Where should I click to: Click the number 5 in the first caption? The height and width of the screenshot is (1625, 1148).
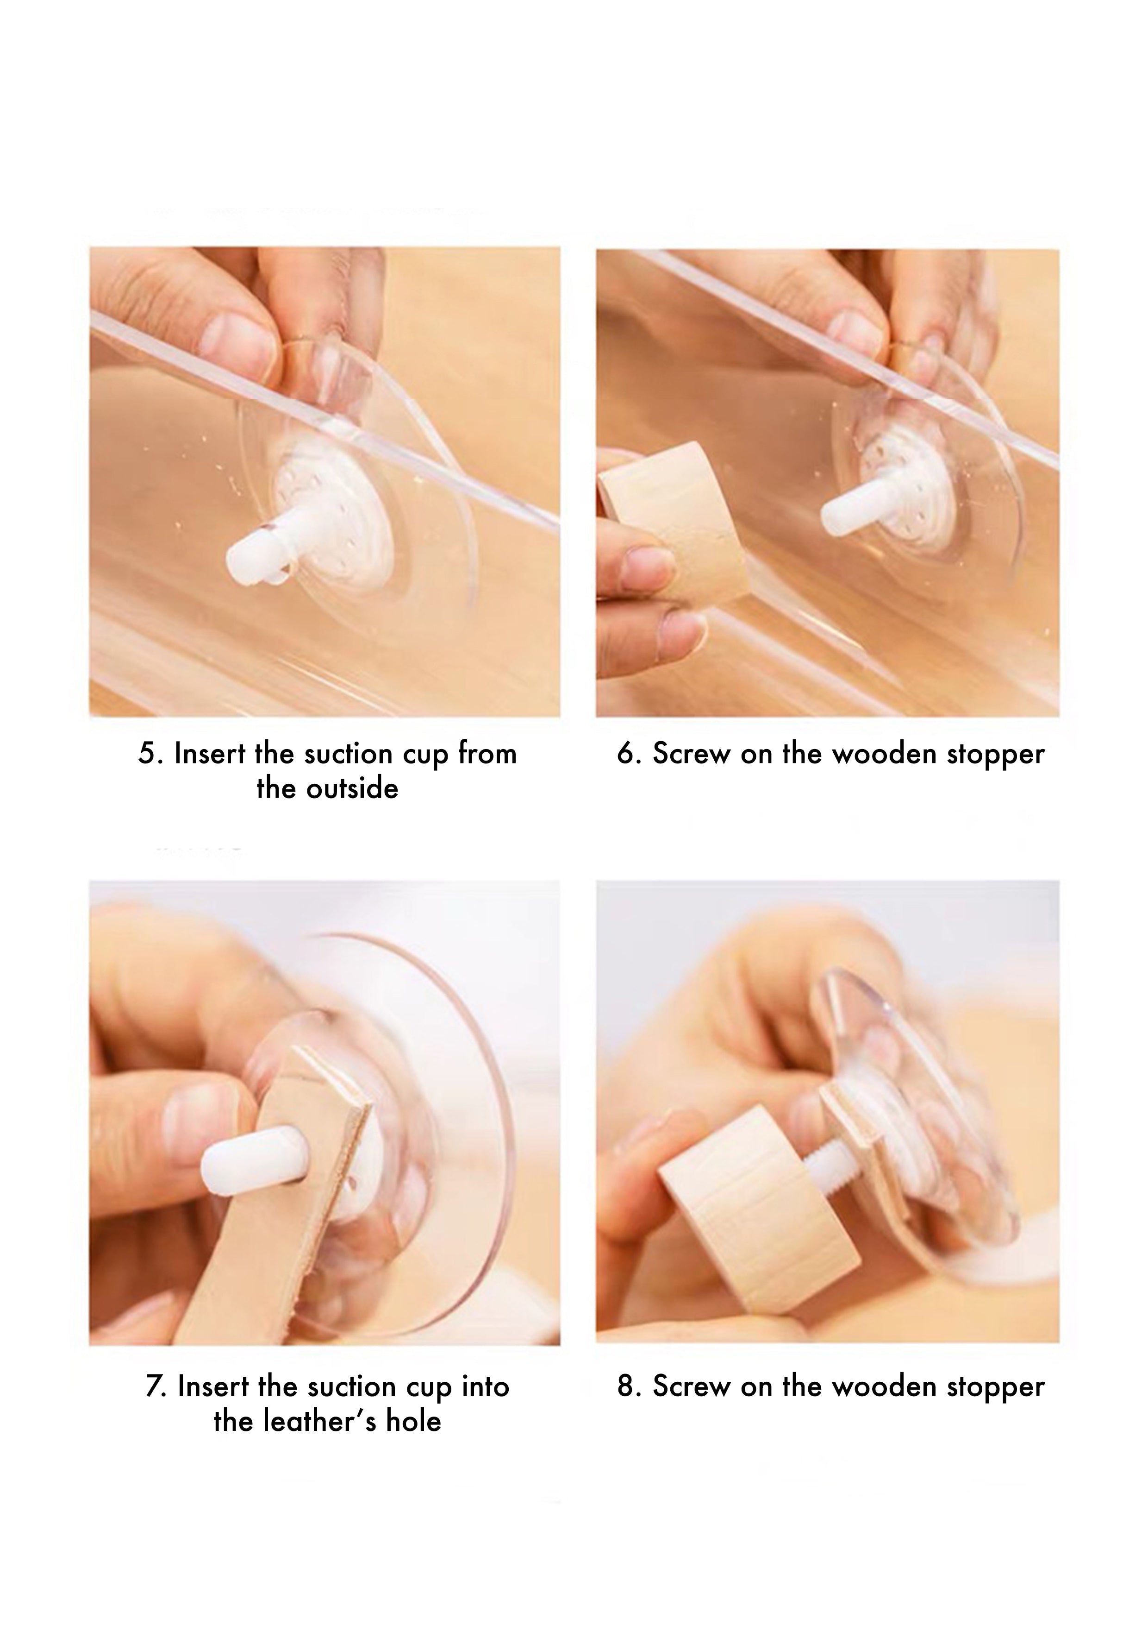[x=146, y=755]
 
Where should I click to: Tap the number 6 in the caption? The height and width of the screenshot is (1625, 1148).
[x=626, y=755]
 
